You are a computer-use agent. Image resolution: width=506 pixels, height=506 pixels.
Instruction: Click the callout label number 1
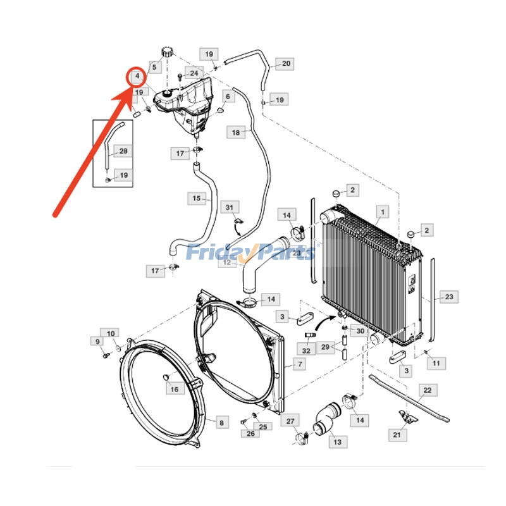pos(381,211)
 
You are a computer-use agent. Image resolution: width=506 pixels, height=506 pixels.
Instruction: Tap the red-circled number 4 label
pos(137,77)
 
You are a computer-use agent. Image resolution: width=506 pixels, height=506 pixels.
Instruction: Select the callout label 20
pos(286,63)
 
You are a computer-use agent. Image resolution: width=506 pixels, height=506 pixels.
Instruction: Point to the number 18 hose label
pos(236,133)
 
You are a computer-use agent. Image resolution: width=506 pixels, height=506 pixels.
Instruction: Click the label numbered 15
pos(197,199)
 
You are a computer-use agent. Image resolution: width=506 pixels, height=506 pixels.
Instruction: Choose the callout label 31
pos(230,207)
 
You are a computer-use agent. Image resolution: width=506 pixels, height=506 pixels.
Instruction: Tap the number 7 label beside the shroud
pos(299,364)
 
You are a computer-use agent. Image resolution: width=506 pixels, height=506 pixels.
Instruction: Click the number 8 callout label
pos(221,423)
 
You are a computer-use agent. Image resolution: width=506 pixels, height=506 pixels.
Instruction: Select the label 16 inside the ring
pos(174,389)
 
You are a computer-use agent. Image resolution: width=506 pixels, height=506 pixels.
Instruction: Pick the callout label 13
pos(337,442)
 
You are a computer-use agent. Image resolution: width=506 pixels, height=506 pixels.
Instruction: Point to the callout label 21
pos(397,435)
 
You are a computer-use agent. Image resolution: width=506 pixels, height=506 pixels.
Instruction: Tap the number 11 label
pos(436,363)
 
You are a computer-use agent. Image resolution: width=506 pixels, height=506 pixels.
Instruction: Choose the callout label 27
pos(290,422)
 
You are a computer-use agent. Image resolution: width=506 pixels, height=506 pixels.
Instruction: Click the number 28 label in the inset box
pos(123,151)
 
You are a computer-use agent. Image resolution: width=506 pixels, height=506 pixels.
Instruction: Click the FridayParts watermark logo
pos(250,252)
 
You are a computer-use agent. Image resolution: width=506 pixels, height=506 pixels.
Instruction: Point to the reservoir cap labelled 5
pos(168,51)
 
